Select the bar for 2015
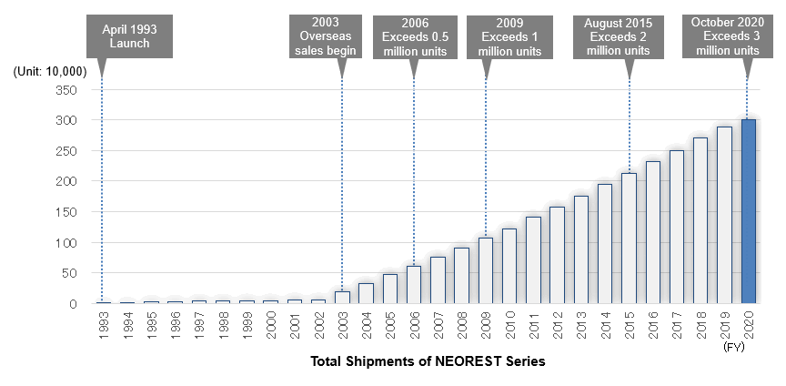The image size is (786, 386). coord(629,239)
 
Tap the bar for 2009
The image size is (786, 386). coord(486,270)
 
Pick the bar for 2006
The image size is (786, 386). coord(414,285)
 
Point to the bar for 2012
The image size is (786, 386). coord(557,256)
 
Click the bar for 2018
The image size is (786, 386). coord(700,220)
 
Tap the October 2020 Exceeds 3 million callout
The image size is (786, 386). coord(727,36)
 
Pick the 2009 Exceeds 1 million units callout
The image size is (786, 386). coord(509,36)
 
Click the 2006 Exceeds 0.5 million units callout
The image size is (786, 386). coord(415,36)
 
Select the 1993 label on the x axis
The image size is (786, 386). coord(104,324)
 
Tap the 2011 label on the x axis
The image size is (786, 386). coord(533,324)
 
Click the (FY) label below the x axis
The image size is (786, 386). coord(733,348)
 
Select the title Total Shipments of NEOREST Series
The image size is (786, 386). coord(428,362)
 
